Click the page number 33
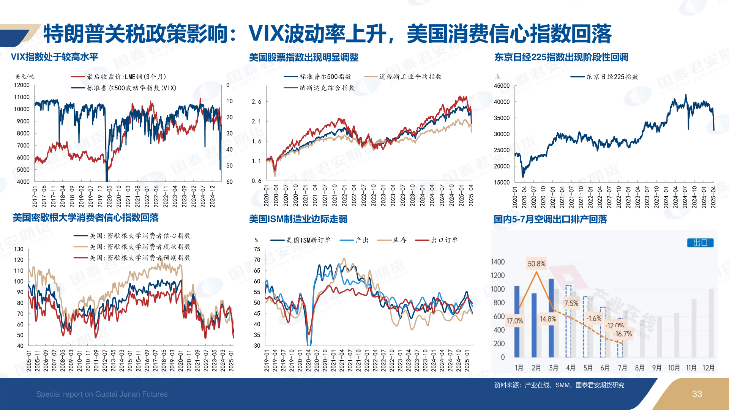click(697, 394)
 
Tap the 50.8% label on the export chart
click(536, 263)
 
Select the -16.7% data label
click(623, 334)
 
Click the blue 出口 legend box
click(700, 243)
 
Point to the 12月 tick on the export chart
click(708, 367)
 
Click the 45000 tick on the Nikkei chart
click(502, 86)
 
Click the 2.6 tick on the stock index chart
click(257, 102)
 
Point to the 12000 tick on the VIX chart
click(22, 85)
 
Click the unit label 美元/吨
click(25, 77)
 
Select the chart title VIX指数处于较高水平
click(54, 57)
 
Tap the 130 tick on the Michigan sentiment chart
click(19, 249)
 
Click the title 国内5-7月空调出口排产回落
click(550, 219)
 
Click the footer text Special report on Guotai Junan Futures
click(102, 394)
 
